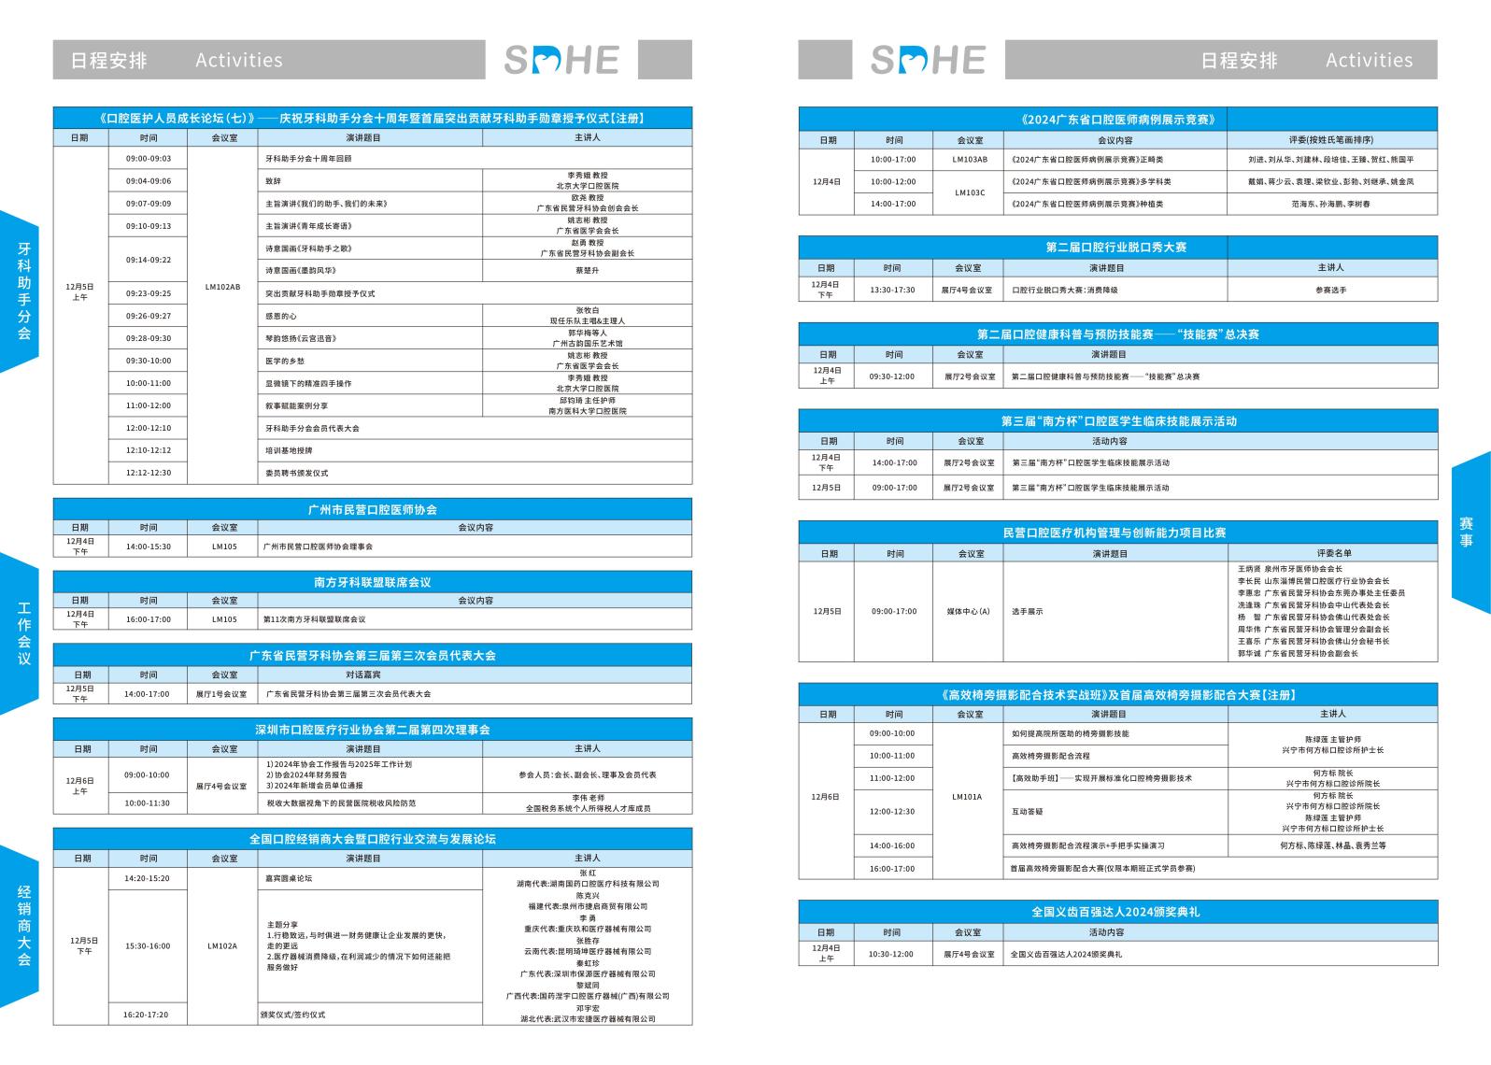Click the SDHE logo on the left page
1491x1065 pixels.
[x=561, y=60]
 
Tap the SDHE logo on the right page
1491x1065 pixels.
[x=928, y=60]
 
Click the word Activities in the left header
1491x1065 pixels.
[x=239, y=60]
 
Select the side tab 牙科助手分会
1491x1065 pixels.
[x=23, y=291]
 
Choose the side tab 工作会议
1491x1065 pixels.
[x=23, y=633]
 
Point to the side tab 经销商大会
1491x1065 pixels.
[x=23, y=925]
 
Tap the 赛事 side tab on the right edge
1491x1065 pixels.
[x=1467, y=532]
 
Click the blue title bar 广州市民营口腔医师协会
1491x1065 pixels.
[x=373, y=509]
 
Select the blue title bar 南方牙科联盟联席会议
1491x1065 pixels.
[x=373, y=582]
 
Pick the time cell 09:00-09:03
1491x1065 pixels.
[x=149, y=159]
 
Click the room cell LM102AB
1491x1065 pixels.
[x=222, y=287]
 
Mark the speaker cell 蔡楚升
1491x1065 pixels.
[x=587, y=271]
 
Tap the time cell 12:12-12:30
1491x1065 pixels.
[x=149, y=473]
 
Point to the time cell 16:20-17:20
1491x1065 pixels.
[x=147, y=1014]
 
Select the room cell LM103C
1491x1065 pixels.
[x=969, y=192]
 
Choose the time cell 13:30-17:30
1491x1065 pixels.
[x=892, y=290]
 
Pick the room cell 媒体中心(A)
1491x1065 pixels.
[x=968, y=611]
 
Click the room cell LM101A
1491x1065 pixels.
[x=967, y=797]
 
